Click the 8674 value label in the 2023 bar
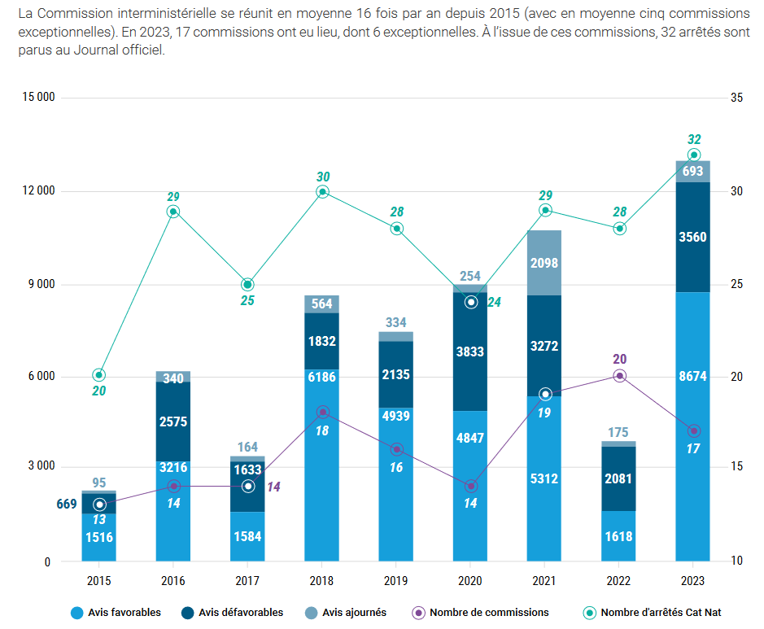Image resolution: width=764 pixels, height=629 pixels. click(x=692, y=377)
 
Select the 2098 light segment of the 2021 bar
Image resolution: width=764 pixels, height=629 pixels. click(x=544, y=262)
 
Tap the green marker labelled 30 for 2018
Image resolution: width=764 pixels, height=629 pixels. click(x=322, y=192)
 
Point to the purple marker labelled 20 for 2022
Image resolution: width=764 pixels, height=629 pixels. click(x=619, y=375)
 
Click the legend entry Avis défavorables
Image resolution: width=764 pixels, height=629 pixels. click(x=235, y=612)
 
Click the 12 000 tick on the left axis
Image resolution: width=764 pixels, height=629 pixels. click(x=37, y=191)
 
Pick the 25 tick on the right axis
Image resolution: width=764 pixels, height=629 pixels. click(x=736, y=284)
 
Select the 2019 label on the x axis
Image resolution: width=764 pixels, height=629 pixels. click(x=396, y=582)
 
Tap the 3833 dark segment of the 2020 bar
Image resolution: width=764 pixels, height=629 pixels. click(x=470, y=352)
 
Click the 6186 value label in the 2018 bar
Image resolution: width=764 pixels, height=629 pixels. click(x=322, y=377)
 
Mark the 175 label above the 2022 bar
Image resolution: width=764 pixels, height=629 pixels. click(x=619, y=432)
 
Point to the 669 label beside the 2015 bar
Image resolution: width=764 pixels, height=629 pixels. click(x=67, y=505)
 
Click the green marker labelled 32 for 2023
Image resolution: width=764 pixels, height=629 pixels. click(x=693, y=155)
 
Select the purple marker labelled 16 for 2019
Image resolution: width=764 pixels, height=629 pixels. click(x=396, y=449)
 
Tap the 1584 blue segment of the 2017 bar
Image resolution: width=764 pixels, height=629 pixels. click(x=247, y=535)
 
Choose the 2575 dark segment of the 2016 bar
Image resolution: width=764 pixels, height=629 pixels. click(x=173, y=421)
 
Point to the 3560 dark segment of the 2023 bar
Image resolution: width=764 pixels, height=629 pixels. click(x=692, y=237)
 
